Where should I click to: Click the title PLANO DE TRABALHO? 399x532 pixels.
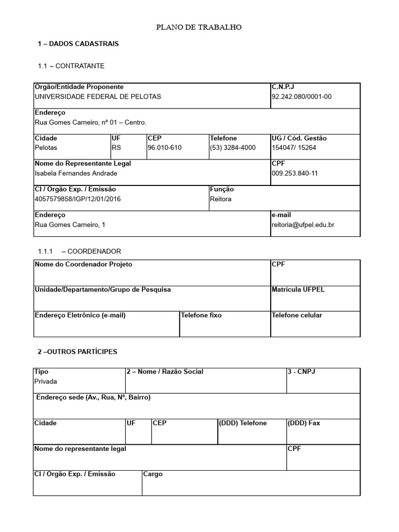pos(199,28)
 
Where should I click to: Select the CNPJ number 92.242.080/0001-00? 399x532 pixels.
pos(301,97)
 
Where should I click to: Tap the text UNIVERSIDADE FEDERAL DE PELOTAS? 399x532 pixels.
pos(98,97)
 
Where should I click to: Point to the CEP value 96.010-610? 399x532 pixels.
pos(165,148)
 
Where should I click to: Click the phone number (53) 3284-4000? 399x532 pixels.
pos(233,148)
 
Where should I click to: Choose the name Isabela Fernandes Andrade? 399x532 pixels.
pos(76,173)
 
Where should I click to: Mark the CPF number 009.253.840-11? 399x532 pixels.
pos(295,173)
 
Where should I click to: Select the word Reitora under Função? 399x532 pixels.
pos(221,199)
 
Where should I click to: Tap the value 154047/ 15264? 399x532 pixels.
pos(294,148)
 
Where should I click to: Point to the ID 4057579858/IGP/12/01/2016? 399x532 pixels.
pos(77,199)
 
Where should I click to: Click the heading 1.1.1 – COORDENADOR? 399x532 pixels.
pos(79,251)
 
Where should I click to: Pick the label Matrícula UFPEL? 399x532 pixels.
pos(298,289)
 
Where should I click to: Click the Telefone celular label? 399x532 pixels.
pos(297,315)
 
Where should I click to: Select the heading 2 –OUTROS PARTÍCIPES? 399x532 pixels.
pos(77,352)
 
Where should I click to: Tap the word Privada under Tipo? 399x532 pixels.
pos(46,381)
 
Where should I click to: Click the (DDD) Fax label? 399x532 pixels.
pos(304,423)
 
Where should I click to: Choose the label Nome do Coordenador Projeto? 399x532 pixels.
pos(83,264)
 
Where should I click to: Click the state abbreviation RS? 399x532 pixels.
pos(116,148)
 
